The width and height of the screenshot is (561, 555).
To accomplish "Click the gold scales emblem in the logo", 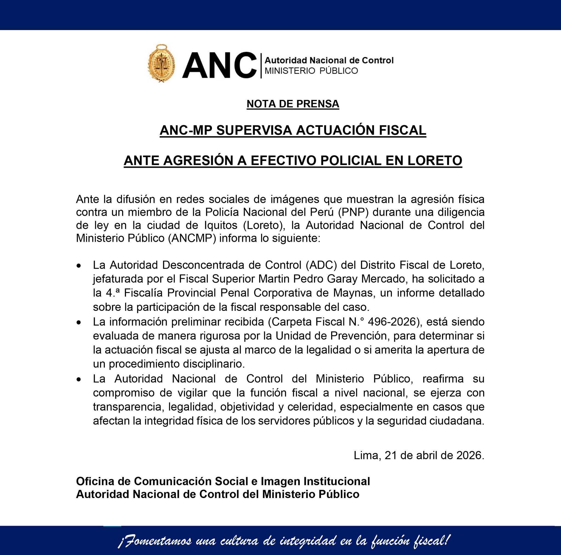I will tap(161, 63).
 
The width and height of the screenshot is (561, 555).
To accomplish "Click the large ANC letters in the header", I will tap(219, 65).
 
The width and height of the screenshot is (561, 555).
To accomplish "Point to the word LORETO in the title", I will tap(434, 160).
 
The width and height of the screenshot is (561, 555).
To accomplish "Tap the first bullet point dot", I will tap(78, 266).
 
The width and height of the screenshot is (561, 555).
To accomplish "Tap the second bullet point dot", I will tap(78, 322).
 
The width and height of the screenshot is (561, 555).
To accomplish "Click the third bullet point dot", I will tap(78, 379).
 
